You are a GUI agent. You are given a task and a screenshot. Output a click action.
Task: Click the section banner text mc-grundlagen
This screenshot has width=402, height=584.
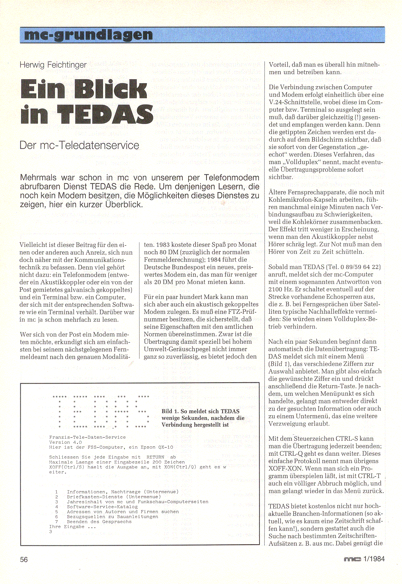(89, 35)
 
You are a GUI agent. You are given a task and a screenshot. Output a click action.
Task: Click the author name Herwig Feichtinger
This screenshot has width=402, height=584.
(53, 65)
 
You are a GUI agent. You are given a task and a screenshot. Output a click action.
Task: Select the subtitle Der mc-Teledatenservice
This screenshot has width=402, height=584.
(79, 145)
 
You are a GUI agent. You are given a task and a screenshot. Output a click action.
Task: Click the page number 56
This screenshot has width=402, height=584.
(24, 560)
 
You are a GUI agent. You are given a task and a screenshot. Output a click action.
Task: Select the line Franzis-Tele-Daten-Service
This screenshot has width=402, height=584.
(87, 437)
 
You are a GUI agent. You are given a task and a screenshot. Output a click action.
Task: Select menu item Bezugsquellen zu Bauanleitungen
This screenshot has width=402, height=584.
(112, 517)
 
